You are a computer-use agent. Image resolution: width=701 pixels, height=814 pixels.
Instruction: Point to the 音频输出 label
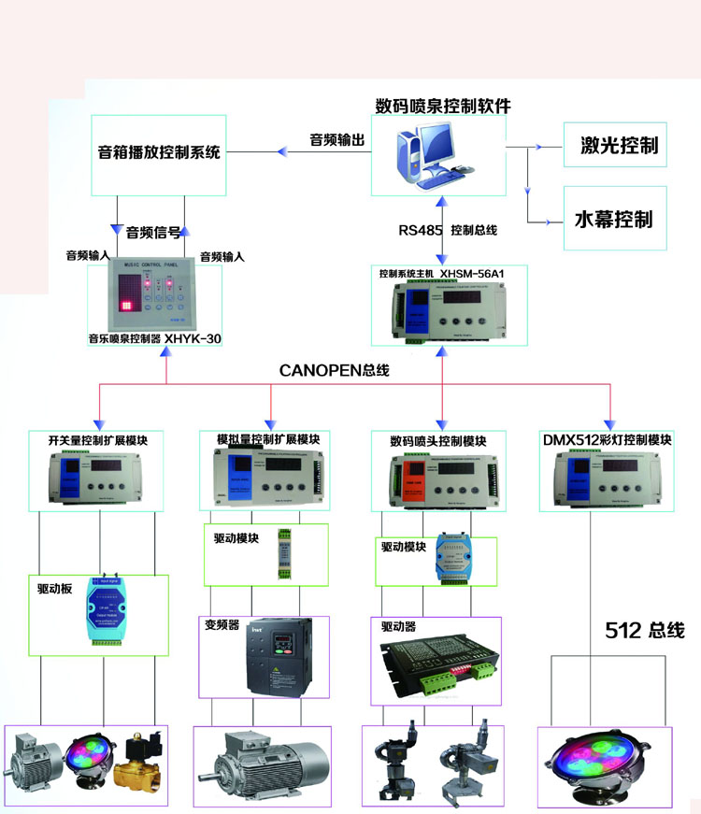337,139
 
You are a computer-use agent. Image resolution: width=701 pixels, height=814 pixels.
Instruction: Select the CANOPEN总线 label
335,370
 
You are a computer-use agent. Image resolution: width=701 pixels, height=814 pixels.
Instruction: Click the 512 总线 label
645,631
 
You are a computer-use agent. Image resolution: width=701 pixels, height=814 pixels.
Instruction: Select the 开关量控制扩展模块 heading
98,439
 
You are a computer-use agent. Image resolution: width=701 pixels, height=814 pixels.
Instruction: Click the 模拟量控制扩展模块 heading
267,439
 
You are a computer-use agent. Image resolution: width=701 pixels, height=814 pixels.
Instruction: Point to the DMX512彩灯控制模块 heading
607,439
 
